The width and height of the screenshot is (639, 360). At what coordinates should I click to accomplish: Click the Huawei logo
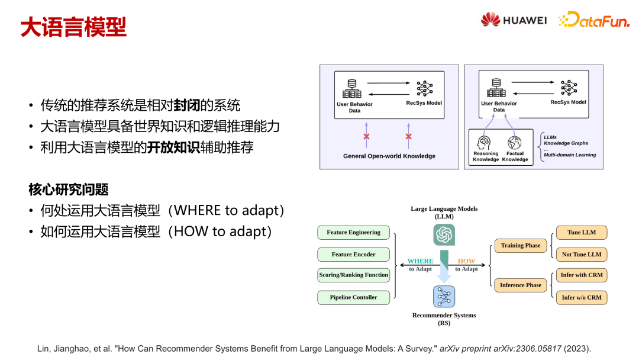click(513, 20)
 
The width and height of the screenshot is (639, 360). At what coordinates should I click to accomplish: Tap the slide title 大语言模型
click(73, 27)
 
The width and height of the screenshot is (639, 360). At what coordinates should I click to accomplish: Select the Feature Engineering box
click(353, 232)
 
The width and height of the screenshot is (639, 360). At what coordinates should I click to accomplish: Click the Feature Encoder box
click(353, 254)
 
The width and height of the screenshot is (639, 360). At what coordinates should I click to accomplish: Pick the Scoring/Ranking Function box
click(353, 275)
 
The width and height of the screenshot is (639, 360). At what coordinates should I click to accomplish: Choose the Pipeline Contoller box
click(353, 297)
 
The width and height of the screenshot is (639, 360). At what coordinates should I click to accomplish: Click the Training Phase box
click(521, 245)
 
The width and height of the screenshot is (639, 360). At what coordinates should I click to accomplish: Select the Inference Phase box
click(521, 285)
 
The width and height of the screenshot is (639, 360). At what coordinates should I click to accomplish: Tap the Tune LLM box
click(582, 232)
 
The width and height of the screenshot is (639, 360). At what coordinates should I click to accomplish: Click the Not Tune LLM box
click(582, 254)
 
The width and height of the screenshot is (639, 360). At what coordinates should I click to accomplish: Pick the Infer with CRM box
click(582, 275)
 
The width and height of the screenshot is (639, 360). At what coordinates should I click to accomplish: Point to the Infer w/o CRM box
click(582, 297)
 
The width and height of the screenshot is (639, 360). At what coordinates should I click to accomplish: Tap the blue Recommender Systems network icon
click(444, 296)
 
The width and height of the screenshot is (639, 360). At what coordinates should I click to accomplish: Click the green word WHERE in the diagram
click(420, 261)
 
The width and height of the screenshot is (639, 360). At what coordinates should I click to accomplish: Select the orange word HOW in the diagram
click(466, 261)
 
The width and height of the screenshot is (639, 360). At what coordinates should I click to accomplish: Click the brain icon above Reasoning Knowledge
click(485, 143)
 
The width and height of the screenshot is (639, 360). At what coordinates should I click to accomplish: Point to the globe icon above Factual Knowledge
click(515, 143)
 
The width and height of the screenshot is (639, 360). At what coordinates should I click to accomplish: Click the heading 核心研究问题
click(69, 189)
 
